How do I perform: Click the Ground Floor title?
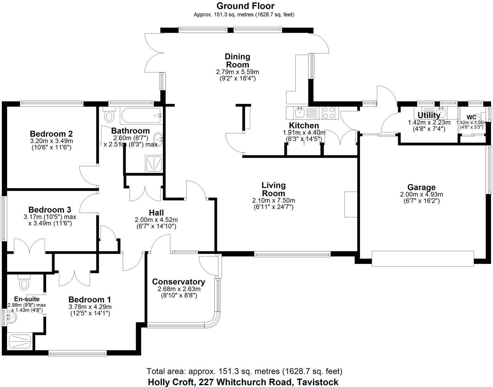coord(245,6)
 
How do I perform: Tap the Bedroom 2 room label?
coord(51,134)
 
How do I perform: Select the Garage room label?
coord(421,187)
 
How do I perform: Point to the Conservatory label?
coord(178,282)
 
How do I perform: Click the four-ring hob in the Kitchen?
coord(328,112)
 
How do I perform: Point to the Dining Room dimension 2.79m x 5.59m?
coord(237,72)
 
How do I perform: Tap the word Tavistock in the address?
coord(317,382)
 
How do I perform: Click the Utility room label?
coord(429,115)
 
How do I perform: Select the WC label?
coord(471,117)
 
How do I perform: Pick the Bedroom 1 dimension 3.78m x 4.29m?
coord(90,307)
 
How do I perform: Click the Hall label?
coord(156,212)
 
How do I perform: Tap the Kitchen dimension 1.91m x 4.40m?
coord(304,133)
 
